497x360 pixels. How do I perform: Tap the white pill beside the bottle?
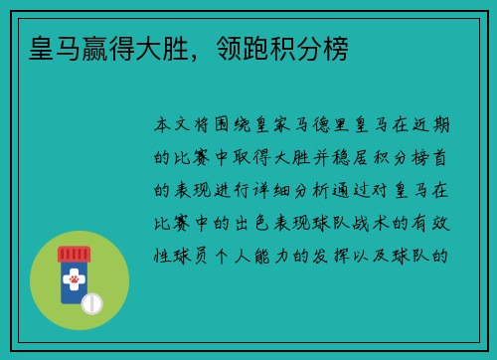pyautogui.click(x=92, y=302)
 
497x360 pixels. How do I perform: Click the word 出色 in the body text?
pyautogui.click(x=260, y=222)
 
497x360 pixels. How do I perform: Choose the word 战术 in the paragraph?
pyautogui.click(x=366, y=222)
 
